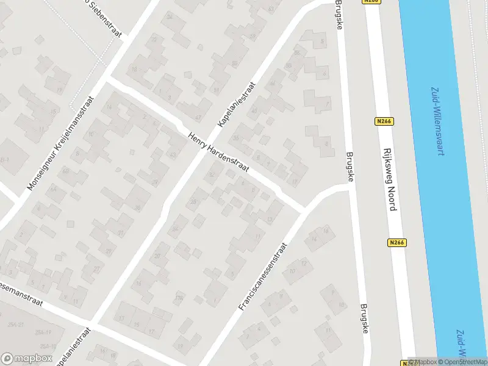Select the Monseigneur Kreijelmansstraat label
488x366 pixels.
coord(60,142)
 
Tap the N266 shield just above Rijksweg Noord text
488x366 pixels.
coord(384,121)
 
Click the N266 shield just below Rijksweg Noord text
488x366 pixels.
coord(396,242)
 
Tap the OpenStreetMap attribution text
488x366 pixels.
coord(462,362)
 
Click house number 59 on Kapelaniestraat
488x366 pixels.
coord(253,37)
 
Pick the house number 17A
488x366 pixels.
coord(179,298)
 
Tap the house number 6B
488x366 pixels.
coord(65,171)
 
